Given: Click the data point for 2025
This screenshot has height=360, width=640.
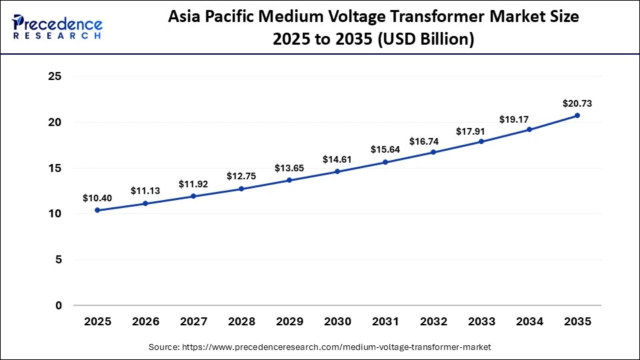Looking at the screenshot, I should (97, 210).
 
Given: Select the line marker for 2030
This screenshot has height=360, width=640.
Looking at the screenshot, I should (337, 171).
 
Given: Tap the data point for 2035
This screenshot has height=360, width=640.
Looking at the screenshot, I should (577, 115).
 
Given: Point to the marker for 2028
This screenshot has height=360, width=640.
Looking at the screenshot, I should (241, 189).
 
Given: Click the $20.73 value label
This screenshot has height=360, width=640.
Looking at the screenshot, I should (577, 103).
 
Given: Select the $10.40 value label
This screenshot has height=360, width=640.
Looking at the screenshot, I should (97, 198).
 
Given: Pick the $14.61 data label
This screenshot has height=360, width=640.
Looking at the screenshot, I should (337, 159).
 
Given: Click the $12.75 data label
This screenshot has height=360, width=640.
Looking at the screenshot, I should (241, 177).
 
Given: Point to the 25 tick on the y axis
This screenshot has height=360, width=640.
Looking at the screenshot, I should (55, 77).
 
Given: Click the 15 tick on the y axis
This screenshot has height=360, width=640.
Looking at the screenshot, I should (55, 168).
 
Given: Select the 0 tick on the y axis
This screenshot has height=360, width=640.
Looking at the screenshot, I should (58, 305).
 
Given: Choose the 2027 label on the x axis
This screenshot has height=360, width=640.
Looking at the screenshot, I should (193, 321).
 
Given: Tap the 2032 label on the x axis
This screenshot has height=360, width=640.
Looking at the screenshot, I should (433, 321).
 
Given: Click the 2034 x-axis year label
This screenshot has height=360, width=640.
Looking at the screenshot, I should (529, 321).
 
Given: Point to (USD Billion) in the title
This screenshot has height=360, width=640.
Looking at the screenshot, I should (426, 40).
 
